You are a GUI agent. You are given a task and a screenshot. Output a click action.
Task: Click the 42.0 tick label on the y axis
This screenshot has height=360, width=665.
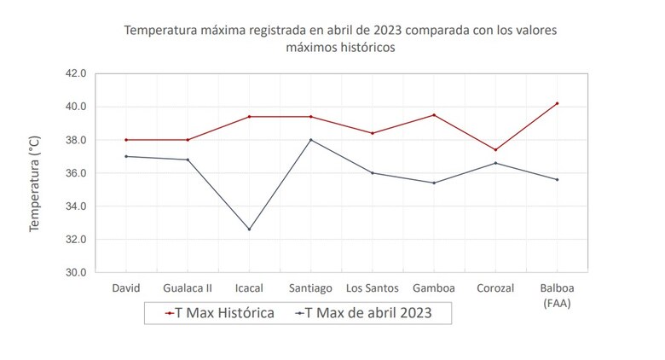[x=75, y=73]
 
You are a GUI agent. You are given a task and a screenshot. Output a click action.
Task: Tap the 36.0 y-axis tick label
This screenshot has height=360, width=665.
[x=75, y=173]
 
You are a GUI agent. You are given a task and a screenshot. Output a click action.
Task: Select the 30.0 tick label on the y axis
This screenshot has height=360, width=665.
[x=75, y=273]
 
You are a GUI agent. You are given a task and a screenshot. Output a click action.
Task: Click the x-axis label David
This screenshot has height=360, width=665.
[x=126, y=288]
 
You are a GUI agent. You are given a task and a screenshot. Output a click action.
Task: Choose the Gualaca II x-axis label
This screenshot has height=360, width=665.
[x=188, y=288]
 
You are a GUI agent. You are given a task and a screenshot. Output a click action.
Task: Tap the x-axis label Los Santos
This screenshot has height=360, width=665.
[x=372, y=288]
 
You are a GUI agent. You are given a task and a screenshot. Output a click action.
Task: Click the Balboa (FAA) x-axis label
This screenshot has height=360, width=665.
[x=557, y=294]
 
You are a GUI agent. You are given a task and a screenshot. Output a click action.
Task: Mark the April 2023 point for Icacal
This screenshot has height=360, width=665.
[x=249, y=229]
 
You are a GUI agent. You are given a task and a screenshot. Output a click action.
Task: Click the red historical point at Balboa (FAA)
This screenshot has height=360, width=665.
[x=557, y=103]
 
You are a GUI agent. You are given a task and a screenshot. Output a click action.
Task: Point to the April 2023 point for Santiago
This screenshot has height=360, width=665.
[x=310, y=140]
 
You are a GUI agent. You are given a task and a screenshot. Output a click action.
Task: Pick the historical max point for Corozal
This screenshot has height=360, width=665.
[x=495, y=150]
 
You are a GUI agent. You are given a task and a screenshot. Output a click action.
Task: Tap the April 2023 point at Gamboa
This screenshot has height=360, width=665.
[x=434, y=183]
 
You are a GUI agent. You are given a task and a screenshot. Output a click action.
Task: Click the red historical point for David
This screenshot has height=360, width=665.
[x=126, y=140]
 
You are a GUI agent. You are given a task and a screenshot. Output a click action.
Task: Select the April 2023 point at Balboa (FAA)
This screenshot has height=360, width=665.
[x=557, y=179]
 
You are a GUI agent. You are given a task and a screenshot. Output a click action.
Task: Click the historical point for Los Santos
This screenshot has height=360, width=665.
[x=372, y=133]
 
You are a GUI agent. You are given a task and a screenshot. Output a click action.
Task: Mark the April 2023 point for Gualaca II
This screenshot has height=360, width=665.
[x=188, y=160]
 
